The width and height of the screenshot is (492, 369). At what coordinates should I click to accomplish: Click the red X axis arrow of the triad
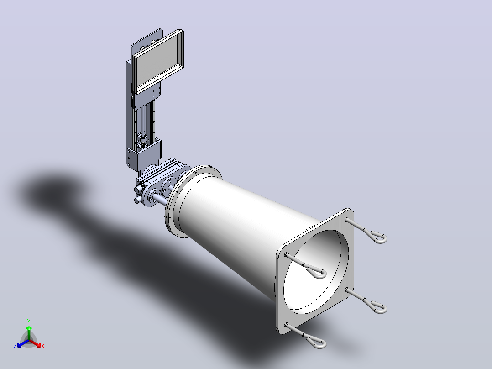click(x=35, y=343)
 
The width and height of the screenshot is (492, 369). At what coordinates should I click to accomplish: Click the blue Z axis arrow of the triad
click(x=23, y=343)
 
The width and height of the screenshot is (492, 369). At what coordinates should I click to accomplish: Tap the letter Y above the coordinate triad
click(x=29, y=321)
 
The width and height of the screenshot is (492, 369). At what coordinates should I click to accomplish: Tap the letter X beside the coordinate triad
click(x=43, y=346)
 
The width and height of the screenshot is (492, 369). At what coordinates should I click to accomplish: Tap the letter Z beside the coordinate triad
click(x=15, y=346)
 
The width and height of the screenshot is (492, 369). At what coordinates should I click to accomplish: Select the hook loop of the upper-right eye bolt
click(x=379, y=237)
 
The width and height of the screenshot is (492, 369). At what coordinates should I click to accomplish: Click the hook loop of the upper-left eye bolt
click(x=318, y=273)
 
